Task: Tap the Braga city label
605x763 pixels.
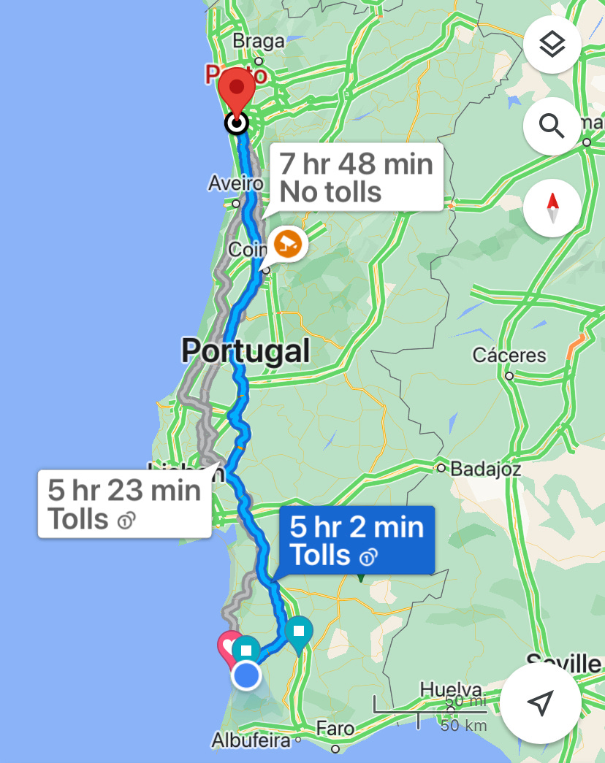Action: tap(258, 42)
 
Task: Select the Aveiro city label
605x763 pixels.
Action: tap(235, 183)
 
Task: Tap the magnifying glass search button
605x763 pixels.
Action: tap(552, 126)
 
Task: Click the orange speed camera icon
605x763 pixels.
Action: tap(287, 244)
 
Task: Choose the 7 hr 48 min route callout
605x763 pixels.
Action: tap(357, 177)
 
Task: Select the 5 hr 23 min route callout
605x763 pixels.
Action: tap(124, 504)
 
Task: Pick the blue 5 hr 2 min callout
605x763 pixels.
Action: tap(357, 540)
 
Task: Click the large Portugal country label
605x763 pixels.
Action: tap(246, 351)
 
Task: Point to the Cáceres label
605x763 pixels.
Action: tap(509, 356)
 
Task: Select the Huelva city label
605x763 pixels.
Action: tap(451, 690)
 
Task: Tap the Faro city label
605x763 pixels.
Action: tap(335, 729)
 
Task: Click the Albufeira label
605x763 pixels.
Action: tap(251, 740)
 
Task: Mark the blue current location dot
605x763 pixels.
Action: tap(246, 676)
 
